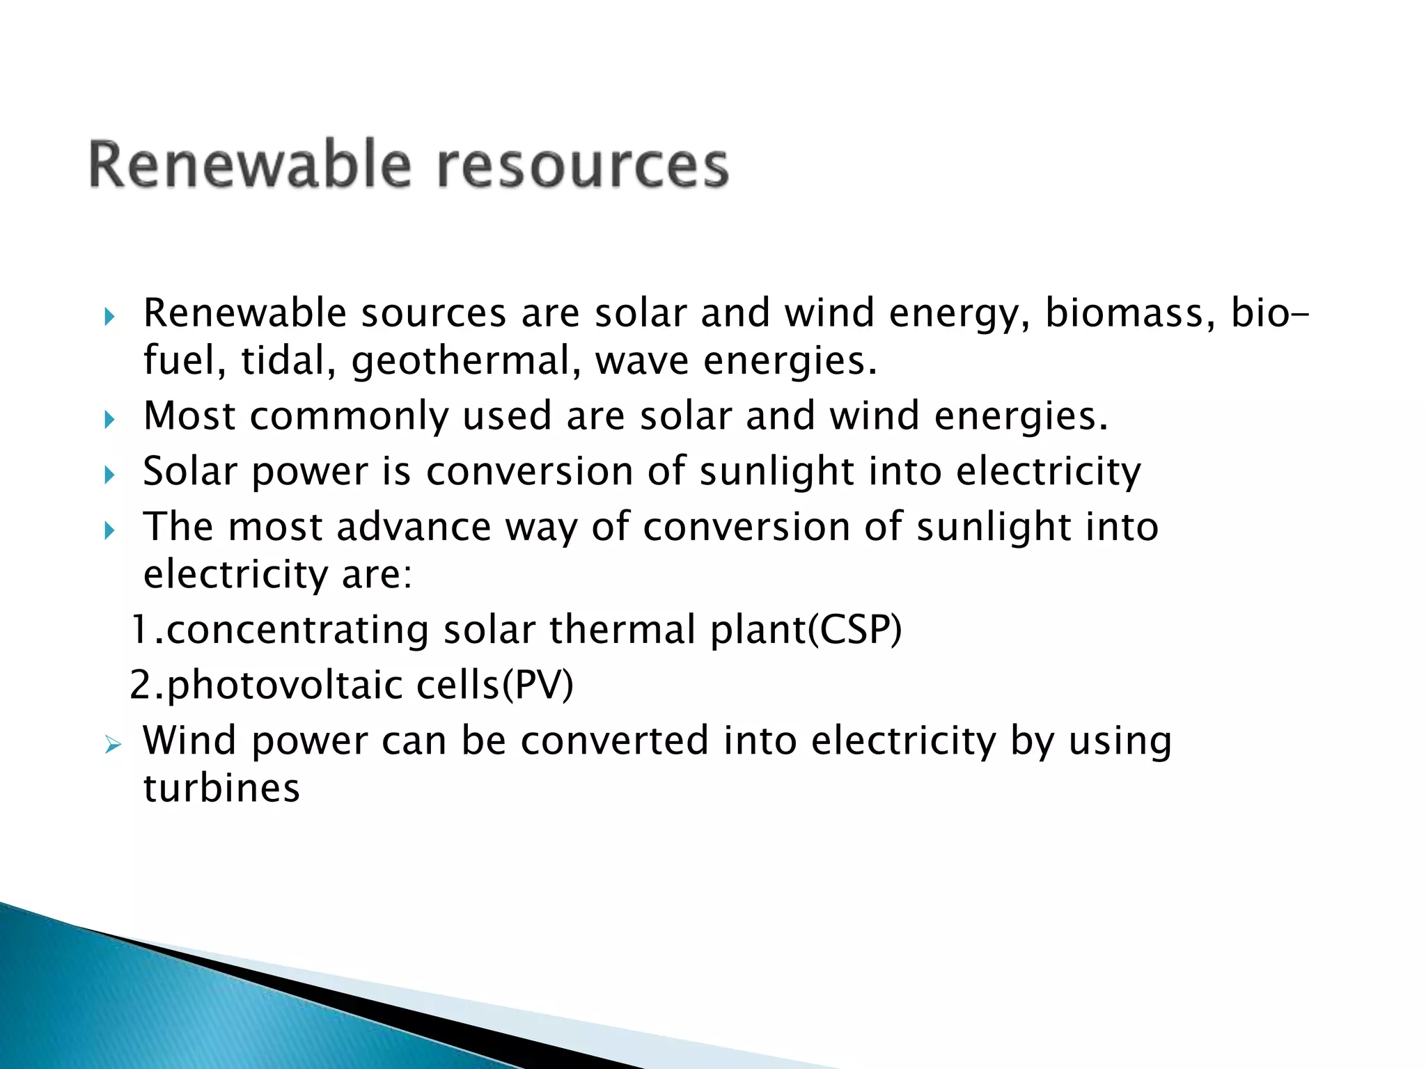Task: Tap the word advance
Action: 414,527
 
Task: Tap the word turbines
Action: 221,789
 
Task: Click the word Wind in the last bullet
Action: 189,740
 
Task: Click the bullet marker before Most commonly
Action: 109,420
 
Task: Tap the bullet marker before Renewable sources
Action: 109,317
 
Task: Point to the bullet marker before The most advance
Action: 109,531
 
